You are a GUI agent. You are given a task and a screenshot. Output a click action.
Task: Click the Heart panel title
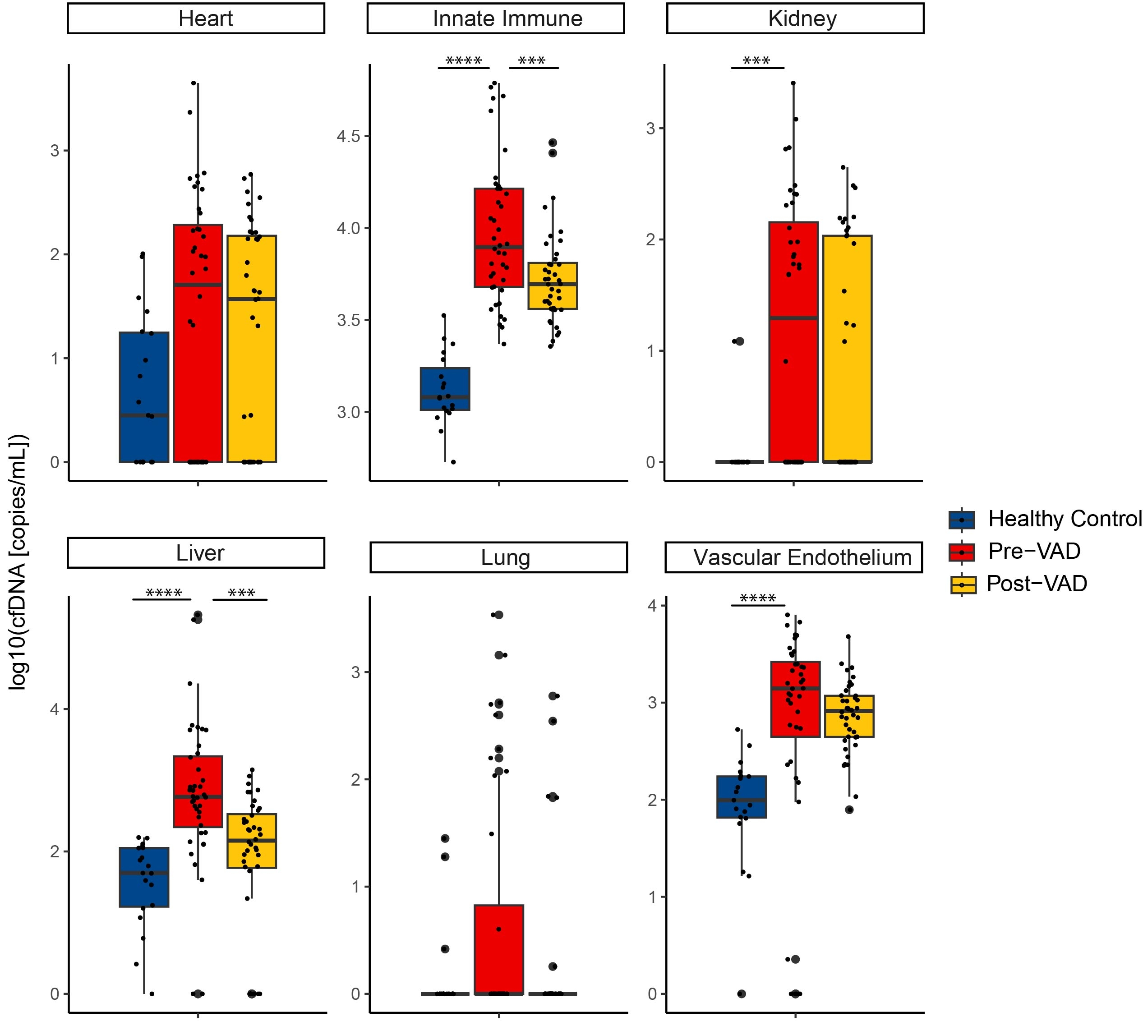point(205,18)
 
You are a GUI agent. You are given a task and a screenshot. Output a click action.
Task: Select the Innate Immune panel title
point(507,18)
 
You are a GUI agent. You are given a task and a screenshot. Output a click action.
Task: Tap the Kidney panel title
point(802,18)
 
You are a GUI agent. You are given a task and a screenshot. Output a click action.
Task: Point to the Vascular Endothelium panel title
point(802,557)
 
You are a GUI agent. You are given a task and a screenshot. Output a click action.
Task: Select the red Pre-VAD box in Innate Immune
point(498,237)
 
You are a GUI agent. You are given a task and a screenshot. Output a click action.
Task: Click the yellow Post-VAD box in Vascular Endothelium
point(848,716)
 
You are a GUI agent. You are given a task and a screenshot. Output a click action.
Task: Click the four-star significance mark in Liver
point(164,593)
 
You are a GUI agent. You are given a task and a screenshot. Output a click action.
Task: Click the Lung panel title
point(505,557)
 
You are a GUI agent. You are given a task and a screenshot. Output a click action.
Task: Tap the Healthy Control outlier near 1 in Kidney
point(740,341)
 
